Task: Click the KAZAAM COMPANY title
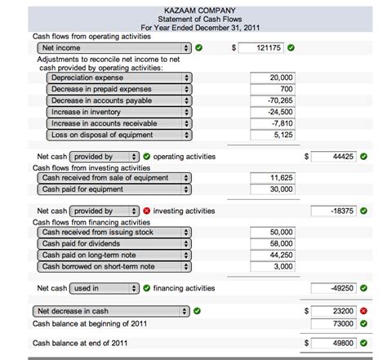(193, 10)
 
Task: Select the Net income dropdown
(114, 48)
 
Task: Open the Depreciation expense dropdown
(119, 78)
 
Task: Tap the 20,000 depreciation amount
(272, 78)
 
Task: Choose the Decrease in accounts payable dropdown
(119, 100)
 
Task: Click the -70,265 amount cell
(272, 100)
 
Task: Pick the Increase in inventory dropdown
(119, 112)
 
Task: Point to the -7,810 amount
(272, 123)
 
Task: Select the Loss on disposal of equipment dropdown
(119, 135)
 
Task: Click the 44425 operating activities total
(334, 156)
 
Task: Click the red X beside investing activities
(146, 211)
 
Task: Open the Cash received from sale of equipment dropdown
(115, 177)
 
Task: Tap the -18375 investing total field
(334, 211)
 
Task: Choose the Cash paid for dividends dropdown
(115, 243)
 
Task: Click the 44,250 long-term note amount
(272, 255)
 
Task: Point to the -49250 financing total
(334, 288)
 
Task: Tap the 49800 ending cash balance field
(334, 344)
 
